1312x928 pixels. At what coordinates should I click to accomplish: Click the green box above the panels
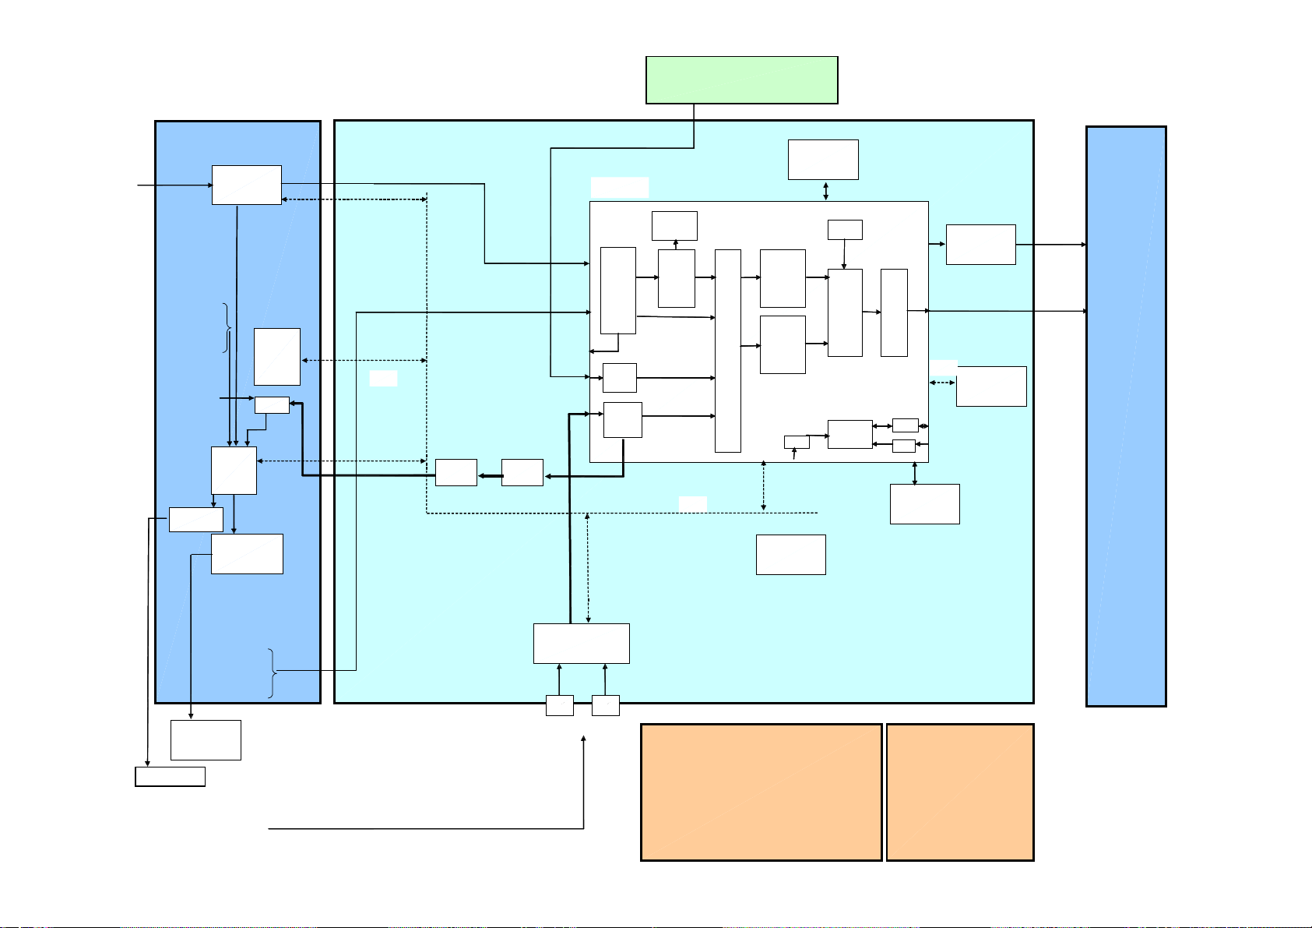click(x=741, y=79)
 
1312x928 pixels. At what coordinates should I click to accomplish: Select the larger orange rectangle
click(x=761, y=792)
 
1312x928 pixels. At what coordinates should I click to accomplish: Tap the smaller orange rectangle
click(x=960, y=792)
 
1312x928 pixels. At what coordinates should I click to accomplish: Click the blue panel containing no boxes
click(x=1126, y=416)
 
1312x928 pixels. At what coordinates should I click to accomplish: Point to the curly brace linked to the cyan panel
click(x=272, y=672)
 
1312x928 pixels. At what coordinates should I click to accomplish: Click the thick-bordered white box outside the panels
click(x=170, y=777)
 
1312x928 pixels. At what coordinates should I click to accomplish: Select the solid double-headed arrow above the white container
click(x=825, y=190)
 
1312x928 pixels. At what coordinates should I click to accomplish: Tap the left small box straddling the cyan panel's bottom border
click(x=560, y=705)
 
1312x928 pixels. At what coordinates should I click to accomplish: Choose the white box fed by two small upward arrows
click(x=581, y=643)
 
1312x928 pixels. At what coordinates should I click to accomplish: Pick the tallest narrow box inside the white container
click(x=727, y=351)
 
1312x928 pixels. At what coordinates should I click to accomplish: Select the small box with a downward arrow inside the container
click(x=845, y=229)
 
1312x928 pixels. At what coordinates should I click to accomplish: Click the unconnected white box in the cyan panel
click(x=790, y=555)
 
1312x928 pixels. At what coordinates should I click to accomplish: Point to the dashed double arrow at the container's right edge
click(x=942, y=383)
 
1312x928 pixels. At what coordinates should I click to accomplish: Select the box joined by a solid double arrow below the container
click(x=924, y=503)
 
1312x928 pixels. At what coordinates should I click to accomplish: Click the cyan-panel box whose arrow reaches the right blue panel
click(x=980, y=245)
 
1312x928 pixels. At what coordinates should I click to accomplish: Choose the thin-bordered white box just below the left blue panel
click(x=206, y=739)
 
